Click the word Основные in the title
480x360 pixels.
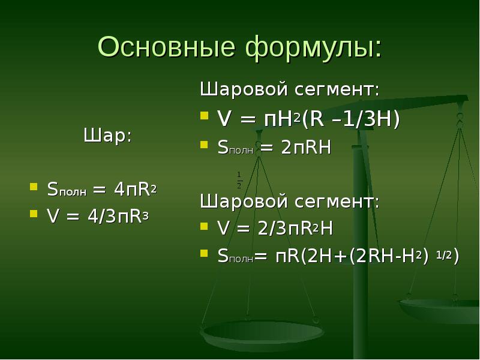pyautogui.click(x=167, y=47)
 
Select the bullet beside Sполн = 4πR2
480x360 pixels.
pyautogui.click(x=34, y=187)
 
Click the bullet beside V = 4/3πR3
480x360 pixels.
pyautogui.click(x=34, y=213)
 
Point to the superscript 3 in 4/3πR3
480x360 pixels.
pyautogui.click(x=146, y=216)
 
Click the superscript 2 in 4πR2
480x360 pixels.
pyautogui.click(x=154, y=190)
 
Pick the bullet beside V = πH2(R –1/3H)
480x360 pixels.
pyautogui.click(x=204, y=115)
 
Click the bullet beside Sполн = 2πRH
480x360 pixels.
pyautogui.click(x=204, y=144)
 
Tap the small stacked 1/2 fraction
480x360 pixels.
pyautogui.click(x=239, y=181)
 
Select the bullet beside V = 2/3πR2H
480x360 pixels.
pyautogui.click(x=204, y=226)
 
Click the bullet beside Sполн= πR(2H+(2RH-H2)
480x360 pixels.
pyautogui.click(x=204, y=253)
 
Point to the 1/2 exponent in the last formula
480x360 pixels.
pyautogui.click(x=444, y=254)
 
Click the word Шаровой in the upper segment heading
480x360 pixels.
pyautogui.click(x=244, y=89)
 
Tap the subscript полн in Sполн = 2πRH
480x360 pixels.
pyautogui.click(x=241, y=151)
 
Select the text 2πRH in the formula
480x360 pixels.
pyautogui.click(x=306, y=148)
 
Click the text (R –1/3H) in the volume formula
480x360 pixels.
pyautogui.click(x=351, y=119)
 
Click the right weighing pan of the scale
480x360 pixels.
pyautogui.click(x=440, y=310)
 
